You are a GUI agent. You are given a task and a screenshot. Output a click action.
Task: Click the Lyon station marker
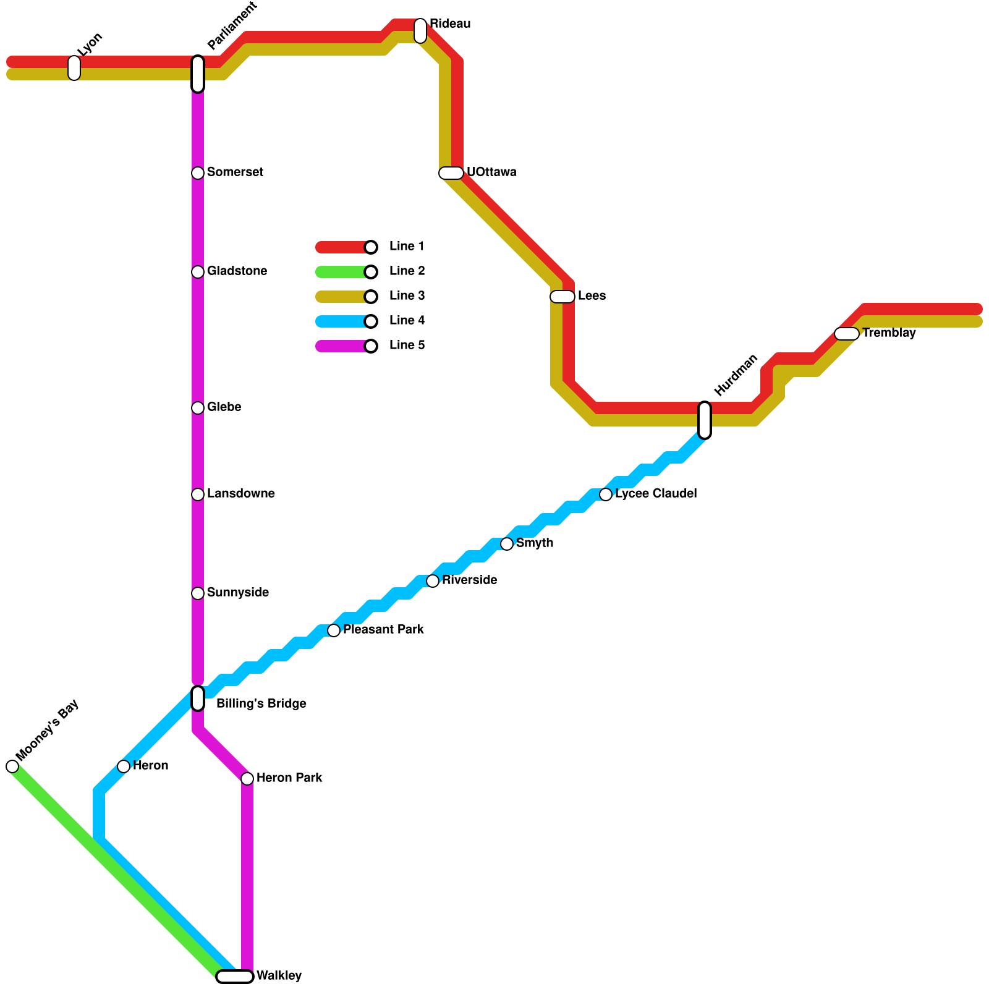pyautogui.click(x=74, y=68)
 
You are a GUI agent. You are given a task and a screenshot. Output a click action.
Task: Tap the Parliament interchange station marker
pyautogui.click(x=198, y=74)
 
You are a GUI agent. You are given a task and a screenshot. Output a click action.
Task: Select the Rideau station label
pyautogui.click(x=450, y=24)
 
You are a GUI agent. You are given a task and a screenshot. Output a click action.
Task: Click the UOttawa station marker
pyautogui.click(x=451, y=173)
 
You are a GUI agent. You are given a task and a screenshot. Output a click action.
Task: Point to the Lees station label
pyautogui.click(x=592, y=296)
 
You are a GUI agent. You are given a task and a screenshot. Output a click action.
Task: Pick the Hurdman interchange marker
pyautogui.click(x=705, y=420)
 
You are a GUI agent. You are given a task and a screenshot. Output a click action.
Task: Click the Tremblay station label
pyautogui.click(x=889, y=333)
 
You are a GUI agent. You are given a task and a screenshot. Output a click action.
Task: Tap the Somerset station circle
pyautogui.click(x=198, y=173)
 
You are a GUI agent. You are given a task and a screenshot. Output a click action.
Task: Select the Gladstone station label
pyautogui.click(x=237, y=271)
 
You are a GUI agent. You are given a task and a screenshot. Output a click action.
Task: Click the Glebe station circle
pyautogui.click(x=198, y=408)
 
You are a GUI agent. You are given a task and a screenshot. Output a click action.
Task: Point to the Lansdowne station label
pyautogui.click(x=240, y=494)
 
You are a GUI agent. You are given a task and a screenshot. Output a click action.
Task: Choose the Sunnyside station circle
pyautogui.click(x=198, y=593)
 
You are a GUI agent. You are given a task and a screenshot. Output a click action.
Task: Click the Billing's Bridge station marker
pyautogui.click(x=198, y=698)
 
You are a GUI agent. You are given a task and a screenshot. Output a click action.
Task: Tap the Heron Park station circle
pyautogui.click(x=247, y=779)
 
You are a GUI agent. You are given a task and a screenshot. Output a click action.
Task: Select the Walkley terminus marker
pyautogui.click(x=235, y=977)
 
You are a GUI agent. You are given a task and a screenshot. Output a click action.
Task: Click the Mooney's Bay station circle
pyautogui.click(x=12, y=766)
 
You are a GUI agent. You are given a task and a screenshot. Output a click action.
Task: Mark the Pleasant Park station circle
pyautogui.click(x=334, y=630)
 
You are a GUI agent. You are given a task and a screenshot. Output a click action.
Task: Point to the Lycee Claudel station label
pyautogui.click(x=656, y=494)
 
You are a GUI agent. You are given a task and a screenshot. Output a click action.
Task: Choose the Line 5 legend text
pyautogui.click(x=407, y=346)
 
